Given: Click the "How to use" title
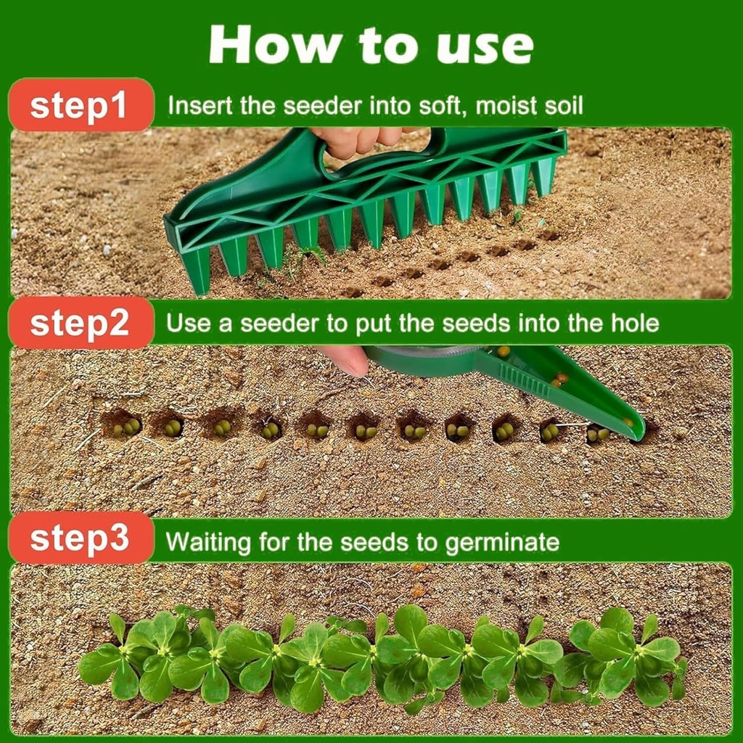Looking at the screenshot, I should coord(371,45).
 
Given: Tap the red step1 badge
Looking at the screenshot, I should coord(81,105).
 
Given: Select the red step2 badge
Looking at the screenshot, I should coord(81,323).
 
